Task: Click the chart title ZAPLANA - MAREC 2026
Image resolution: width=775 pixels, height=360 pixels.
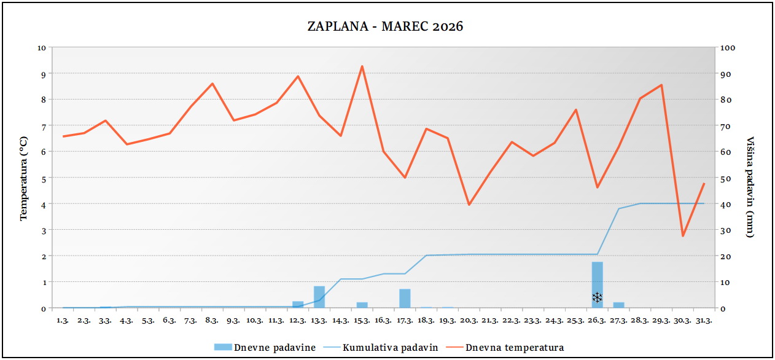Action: click(385, 26)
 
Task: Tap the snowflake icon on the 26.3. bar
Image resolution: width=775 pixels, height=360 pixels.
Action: click(597, 298)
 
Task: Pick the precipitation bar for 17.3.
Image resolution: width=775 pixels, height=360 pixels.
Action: click(405, 298)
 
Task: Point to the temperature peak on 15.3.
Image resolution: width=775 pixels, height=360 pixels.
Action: click(362, 66)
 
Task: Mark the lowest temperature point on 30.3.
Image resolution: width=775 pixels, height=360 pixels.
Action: click(683, 236)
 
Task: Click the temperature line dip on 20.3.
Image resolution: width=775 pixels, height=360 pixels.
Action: click(469, 205)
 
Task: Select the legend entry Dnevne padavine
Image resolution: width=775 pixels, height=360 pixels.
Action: click(265, 348)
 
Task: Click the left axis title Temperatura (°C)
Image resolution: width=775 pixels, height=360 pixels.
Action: click(25, 178)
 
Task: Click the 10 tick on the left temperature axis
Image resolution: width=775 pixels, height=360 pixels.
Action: click(42, 47)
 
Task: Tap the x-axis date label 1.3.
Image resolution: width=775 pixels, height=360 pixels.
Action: click(62, 320)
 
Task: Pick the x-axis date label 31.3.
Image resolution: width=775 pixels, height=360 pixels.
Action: click(704, 320)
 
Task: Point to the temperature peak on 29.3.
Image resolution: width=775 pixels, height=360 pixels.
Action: click(661, 85)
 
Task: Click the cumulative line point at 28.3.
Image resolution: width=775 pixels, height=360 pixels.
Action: click(640, 203)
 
